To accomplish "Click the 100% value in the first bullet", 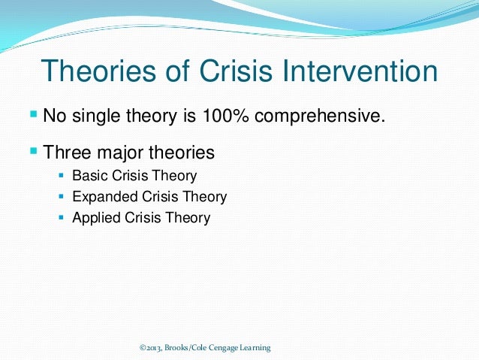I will click(x=233, y=116).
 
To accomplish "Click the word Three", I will click(x=70, y=153).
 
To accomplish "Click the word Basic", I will click(x=89, y=177).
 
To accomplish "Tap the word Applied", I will click(x=93, y=219).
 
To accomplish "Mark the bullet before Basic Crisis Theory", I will click(x=62, y=176).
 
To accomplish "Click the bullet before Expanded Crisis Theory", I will click(x=62, y=197).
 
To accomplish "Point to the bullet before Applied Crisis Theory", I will click(x=62, y=218).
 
